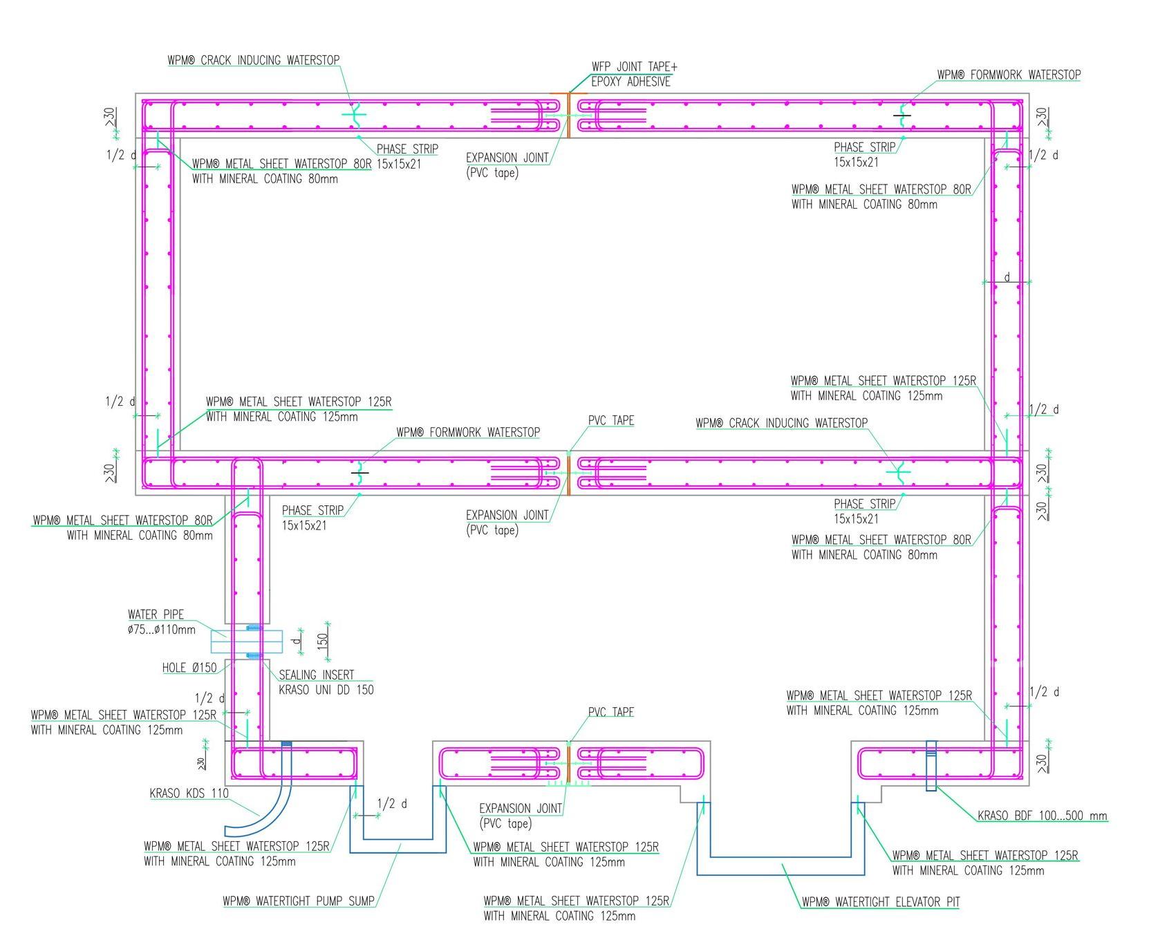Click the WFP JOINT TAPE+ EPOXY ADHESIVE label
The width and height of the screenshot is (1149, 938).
point(634,74)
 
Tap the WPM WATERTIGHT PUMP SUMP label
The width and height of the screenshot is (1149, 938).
point(299,901)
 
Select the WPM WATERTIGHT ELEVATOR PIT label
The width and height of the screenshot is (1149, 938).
point(880,902)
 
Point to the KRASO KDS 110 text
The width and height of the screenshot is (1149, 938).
point(189,794)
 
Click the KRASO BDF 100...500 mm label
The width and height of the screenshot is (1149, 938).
point(1042,816)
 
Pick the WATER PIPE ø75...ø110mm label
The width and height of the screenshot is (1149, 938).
point(162,622)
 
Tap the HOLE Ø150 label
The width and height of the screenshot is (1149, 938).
point(189,668)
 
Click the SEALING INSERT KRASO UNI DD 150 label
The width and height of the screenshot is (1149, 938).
point(326,682)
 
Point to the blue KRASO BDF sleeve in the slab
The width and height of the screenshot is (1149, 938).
point(931,765)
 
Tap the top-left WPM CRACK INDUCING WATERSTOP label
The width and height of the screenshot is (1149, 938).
point(254,60)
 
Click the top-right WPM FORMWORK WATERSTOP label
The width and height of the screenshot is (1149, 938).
point(1009,75)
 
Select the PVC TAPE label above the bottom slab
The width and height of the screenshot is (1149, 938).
point(611,712)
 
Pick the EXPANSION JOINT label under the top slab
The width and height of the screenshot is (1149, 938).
point(507,165)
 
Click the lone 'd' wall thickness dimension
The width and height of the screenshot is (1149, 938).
point(1007,277)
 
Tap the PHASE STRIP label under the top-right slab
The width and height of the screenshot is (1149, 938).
point(865,155)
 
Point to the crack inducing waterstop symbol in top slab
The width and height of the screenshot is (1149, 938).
point(355,115)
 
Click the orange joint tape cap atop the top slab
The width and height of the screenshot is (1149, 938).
point(569,93)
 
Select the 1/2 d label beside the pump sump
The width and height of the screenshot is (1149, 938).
point(392,804)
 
